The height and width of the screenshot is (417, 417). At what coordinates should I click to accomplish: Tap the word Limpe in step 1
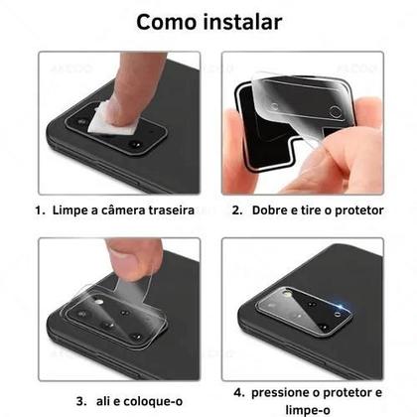pos(70,210)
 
